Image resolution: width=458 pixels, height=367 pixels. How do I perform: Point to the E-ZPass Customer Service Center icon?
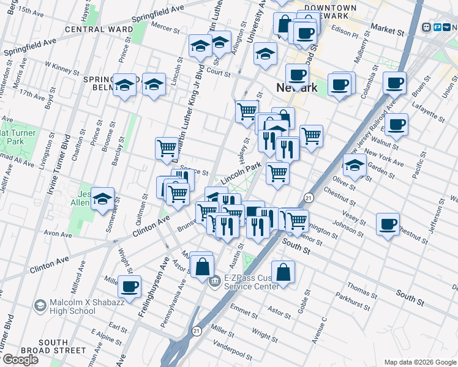point(215,282)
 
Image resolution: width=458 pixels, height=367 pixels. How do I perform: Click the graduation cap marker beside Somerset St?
point(102,198)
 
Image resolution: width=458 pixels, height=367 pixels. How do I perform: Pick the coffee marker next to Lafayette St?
point(396,124)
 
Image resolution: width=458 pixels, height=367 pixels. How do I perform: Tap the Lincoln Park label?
point(241,172)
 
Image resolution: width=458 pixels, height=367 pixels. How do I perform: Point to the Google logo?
point(20,360)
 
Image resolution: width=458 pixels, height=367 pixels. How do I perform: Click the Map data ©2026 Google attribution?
point(419,362)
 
